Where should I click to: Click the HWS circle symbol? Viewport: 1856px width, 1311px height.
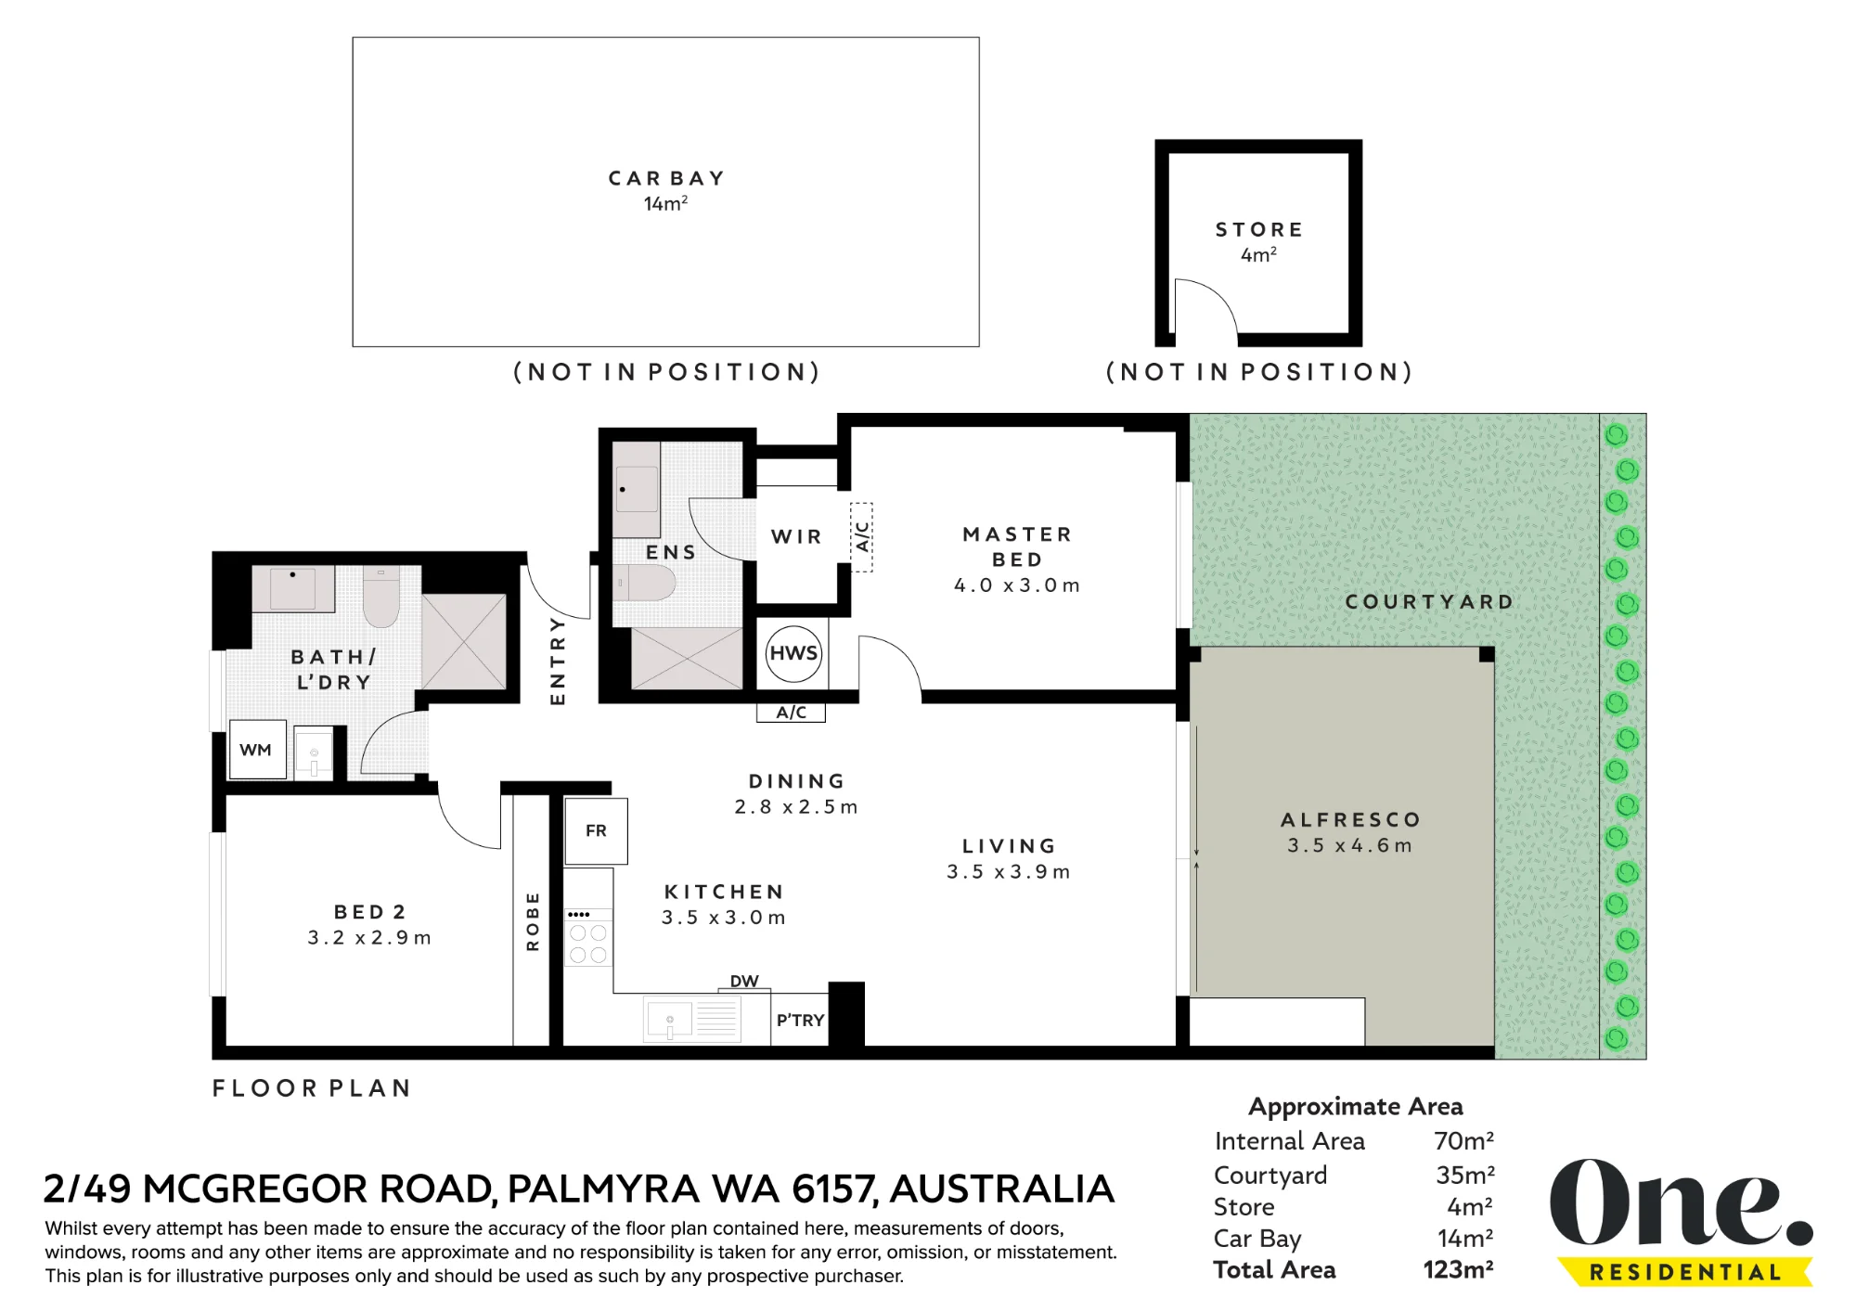pos(793,653)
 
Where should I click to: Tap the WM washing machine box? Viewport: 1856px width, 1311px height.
pos(257,750)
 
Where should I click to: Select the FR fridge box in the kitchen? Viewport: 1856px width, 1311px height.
pos(596,831)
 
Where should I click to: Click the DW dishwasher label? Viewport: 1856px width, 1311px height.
pos(744,981)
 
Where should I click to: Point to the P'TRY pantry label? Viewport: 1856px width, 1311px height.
pos(800,1020)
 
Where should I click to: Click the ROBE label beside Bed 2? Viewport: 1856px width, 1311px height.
pos(533,921)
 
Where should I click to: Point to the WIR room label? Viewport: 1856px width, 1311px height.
pos(796,536)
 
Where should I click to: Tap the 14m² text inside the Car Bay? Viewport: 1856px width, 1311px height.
pos(665,203)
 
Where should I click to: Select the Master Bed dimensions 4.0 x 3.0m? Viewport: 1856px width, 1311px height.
pos(1017,585)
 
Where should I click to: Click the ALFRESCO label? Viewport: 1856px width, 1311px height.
pos(1350,819)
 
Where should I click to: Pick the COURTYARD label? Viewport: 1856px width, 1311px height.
pos(1429,601)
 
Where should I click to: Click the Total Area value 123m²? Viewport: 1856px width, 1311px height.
pos(1459,1269)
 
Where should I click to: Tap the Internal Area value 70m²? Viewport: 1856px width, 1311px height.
pos(1464,1140)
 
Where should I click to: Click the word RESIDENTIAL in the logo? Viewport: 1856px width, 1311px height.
pos(1685,1272)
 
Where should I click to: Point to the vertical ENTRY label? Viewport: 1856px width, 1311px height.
pos(558,661)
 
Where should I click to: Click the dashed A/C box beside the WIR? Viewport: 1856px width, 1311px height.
pos(862,537)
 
